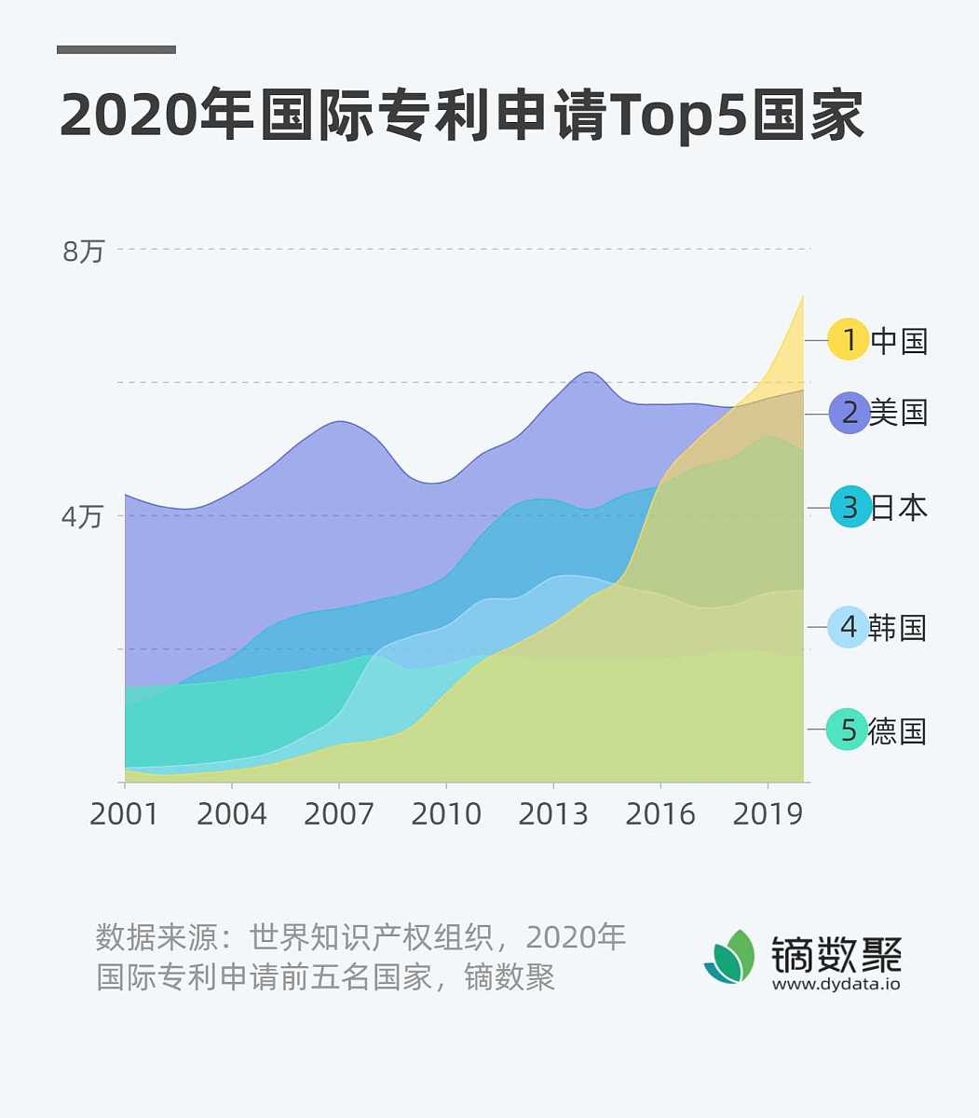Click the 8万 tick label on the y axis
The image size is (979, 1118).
84,252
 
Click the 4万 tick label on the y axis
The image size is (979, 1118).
82,516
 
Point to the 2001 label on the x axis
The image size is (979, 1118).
124,814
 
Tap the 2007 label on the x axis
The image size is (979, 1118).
339,814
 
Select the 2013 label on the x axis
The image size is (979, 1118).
553,814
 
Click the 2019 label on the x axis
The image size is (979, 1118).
768,814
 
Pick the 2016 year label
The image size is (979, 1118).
660,814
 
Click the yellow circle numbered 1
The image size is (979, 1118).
849,340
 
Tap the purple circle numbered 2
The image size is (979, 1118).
850,412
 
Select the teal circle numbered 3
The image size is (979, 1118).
850,508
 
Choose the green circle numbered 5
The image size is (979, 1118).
848,729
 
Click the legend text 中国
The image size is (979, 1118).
900,340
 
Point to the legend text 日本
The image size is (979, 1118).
900,508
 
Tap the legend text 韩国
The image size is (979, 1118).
898,627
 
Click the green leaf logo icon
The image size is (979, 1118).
731,957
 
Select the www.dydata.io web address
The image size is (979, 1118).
836,983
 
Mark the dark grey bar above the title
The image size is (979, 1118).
116,49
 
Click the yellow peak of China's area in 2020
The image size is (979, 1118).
801,300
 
